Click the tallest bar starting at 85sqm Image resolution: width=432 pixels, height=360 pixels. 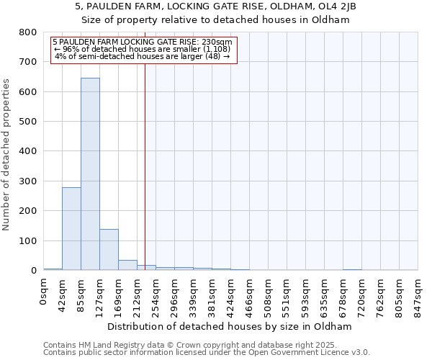point(90,174)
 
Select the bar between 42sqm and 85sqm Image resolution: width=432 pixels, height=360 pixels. point(71,228)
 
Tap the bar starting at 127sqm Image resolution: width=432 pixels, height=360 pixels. point(109,249)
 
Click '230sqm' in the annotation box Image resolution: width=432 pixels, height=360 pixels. point(217,42)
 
